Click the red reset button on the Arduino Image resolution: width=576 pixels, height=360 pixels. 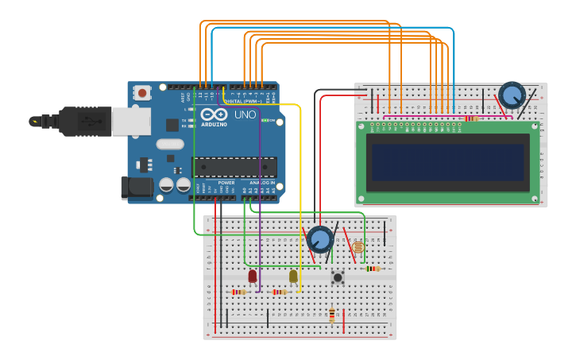pyautogui.click(x=142, y=92)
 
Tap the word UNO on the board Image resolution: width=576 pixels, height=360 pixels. pyautogui.click(x=245, y=114)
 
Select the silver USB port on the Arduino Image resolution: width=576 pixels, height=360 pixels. pyautogui.click(x=130, y=122)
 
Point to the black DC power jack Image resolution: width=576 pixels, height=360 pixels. pyautogui.click(x=136, y=188)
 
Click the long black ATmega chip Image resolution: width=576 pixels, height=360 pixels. pyautogui.click(x=234, y=167)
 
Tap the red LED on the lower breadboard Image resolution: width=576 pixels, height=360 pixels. pyautogui.click(x=253, y=277)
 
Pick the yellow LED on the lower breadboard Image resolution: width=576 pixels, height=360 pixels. pyautogui.click(x=293, y=276)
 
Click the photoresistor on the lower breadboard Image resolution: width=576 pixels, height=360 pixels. pyautogui.click(x=358, y=247)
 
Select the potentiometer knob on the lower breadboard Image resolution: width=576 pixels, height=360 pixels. pyautogui.click(x=320, y=239)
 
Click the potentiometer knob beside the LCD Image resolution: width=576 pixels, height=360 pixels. pyautogui.click(x=512, y=95)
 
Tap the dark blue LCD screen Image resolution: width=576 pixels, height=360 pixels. pyautogui.click(x=448, y=162)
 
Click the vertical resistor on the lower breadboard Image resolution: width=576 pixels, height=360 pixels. pyautogui.click(x=332, y=315)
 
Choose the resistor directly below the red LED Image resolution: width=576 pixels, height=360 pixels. pyautogui.click(x=238, y=292)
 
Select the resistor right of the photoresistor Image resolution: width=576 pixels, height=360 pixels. pyautogui.click(x=372, y=269)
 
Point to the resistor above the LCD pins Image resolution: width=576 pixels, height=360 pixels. pyautogui.click(x=471, y=118)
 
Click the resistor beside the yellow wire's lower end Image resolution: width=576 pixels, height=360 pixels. pyautogui.click(x=279, y=292)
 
